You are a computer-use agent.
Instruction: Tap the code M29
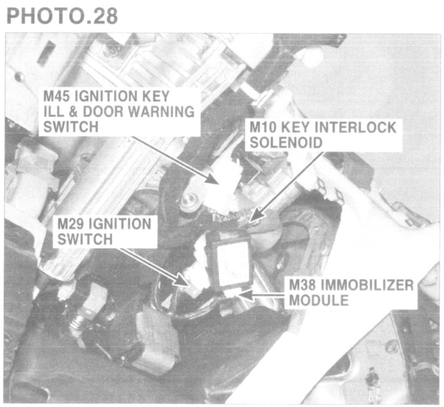[71, 225]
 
